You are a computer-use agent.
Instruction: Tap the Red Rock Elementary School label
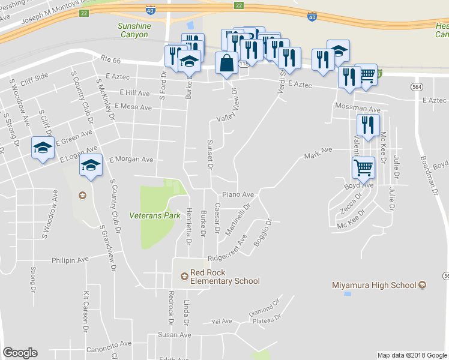tap(224, 277)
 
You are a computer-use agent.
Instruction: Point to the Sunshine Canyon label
tap(133, 31)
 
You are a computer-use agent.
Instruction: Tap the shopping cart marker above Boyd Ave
tap(363, 169)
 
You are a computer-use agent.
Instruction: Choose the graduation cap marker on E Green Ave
tap(43, 148)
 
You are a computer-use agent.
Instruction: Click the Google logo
tap(20, 353)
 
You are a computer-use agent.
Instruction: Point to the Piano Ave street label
tap(239, 195)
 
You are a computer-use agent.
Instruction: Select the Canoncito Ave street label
tap(109, 344)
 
